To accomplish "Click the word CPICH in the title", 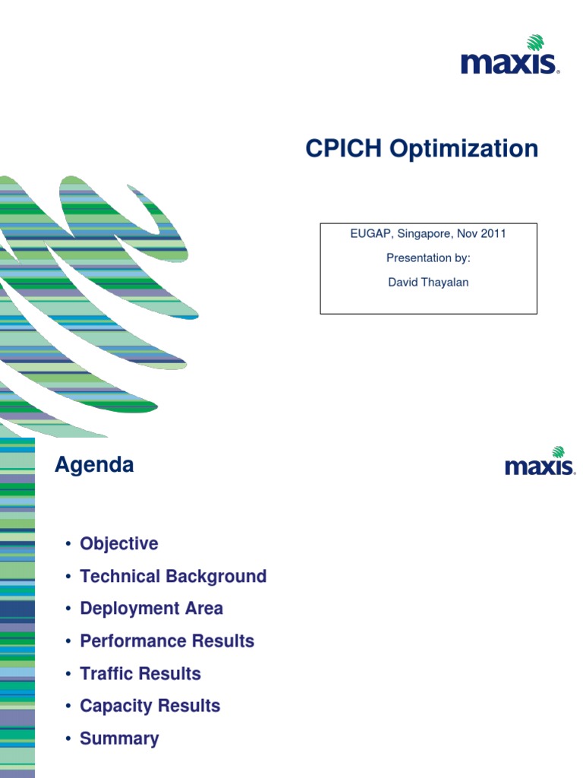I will tap(344, 149).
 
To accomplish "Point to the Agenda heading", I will tap(94, 465).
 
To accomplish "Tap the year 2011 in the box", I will tap(491, 233).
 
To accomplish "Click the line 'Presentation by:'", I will tap(428, 258).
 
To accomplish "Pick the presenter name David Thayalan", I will tap(428, 282).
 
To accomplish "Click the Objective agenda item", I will tap(119, 544).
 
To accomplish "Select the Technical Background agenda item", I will tap(173, 577).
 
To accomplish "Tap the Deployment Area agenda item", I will tap(152, 609).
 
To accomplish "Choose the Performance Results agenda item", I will tap(167, 641).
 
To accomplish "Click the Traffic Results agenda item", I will tap(140, 674).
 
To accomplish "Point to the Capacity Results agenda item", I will tap(150, 706).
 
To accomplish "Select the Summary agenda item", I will tap(119, 738).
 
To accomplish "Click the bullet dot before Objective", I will tap(68, 544).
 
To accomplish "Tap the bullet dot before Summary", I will tap(68, 738).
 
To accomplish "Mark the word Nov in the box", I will tap(464, 233).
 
